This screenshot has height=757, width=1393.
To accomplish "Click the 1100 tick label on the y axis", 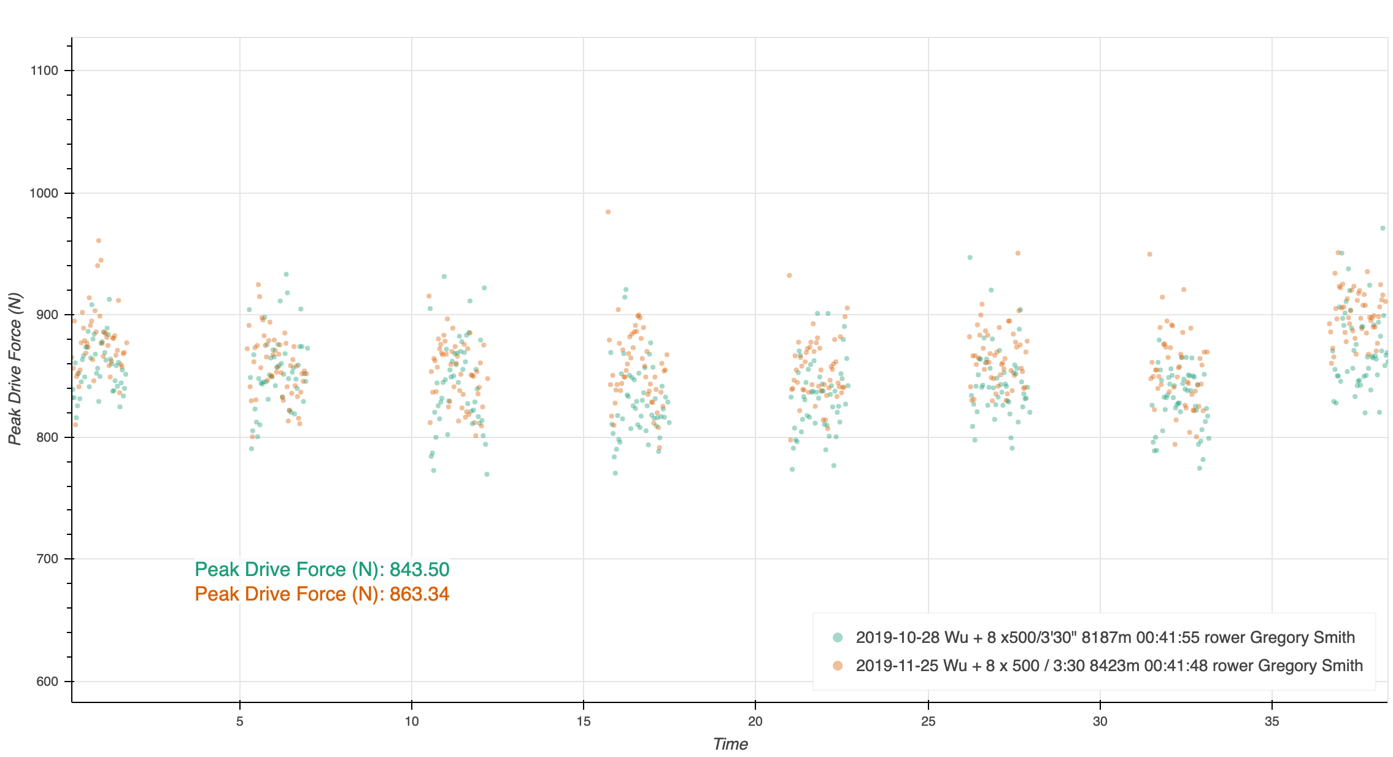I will pos(44,71).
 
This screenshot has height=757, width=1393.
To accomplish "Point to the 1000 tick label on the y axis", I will pos(44,193).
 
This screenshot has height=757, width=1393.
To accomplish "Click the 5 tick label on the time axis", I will pos(240,721).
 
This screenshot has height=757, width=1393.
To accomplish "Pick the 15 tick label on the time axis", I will pos(584,721).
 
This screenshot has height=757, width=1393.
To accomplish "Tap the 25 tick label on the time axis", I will pos(928,721).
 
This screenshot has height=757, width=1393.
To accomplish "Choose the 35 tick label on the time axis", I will pos(1272,721).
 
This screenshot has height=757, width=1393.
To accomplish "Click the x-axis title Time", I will pos(730,744).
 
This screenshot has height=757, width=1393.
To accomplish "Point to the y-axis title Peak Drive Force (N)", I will pos(15,369).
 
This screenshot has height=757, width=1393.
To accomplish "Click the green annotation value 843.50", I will pos(419,569).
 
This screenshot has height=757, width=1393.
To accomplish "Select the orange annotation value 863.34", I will pos(419,594).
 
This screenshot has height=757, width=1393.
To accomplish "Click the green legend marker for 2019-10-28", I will pos(838,637).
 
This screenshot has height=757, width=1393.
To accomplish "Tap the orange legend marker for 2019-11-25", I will pos(838,666).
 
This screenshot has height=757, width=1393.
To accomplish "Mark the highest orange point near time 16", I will pos(608,212).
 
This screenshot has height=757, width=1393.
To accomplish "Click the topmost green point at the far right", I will pos(1383,228).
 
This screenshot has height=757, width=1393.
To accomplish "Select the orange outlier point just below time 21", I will pos(789,275).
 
